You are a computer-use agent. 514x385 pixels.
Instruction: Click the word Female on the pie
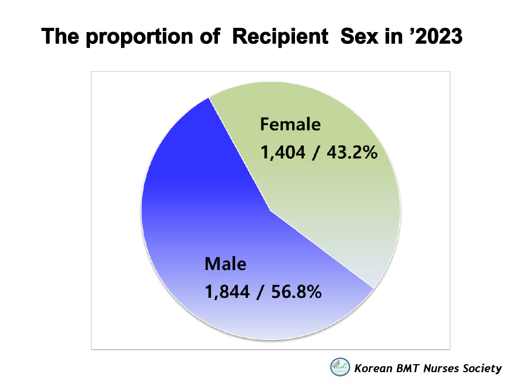click(x=290, y=125)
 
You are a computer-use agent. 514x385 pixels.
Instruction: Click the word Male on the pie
click(x=225, y=264)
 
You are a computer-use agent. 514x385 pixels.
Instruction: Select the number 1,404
click(x=283, y=152)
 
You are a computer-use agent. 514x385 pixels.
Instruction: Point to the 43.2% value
click(x=352, y=152)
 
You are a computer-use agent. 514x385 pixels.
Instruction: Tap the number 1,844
click(x=227, y=292)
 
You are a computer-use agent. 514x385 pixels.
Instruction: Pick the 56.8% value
click(x=296, y=292)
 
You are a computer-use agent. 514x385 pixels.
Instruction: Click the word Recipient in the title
click(x=280, y=36)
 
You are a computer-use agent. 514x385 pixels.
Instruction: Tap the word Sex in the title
click(x=359, y=36)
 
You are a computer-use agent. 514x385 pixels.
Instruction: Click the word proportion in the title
click(x=140, y=37)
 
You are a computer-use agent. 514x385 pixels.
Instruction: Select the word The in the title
click(x=60, y=36)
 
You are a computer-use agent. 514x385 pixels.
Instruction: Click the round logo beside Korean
click(x=340, y=367)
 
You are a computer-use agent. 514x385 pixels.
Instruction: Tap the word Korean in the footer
click(x=373, y=368)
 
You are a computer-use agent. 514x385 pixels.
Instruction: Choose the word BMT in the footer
click(x=407, y=368)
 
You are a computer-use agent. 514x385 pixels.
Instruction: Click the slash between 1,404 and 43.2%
click(x=316, y=153)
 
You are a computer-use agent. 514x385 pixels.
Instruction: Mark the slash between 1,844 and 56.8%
click(x=261, y=292)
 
